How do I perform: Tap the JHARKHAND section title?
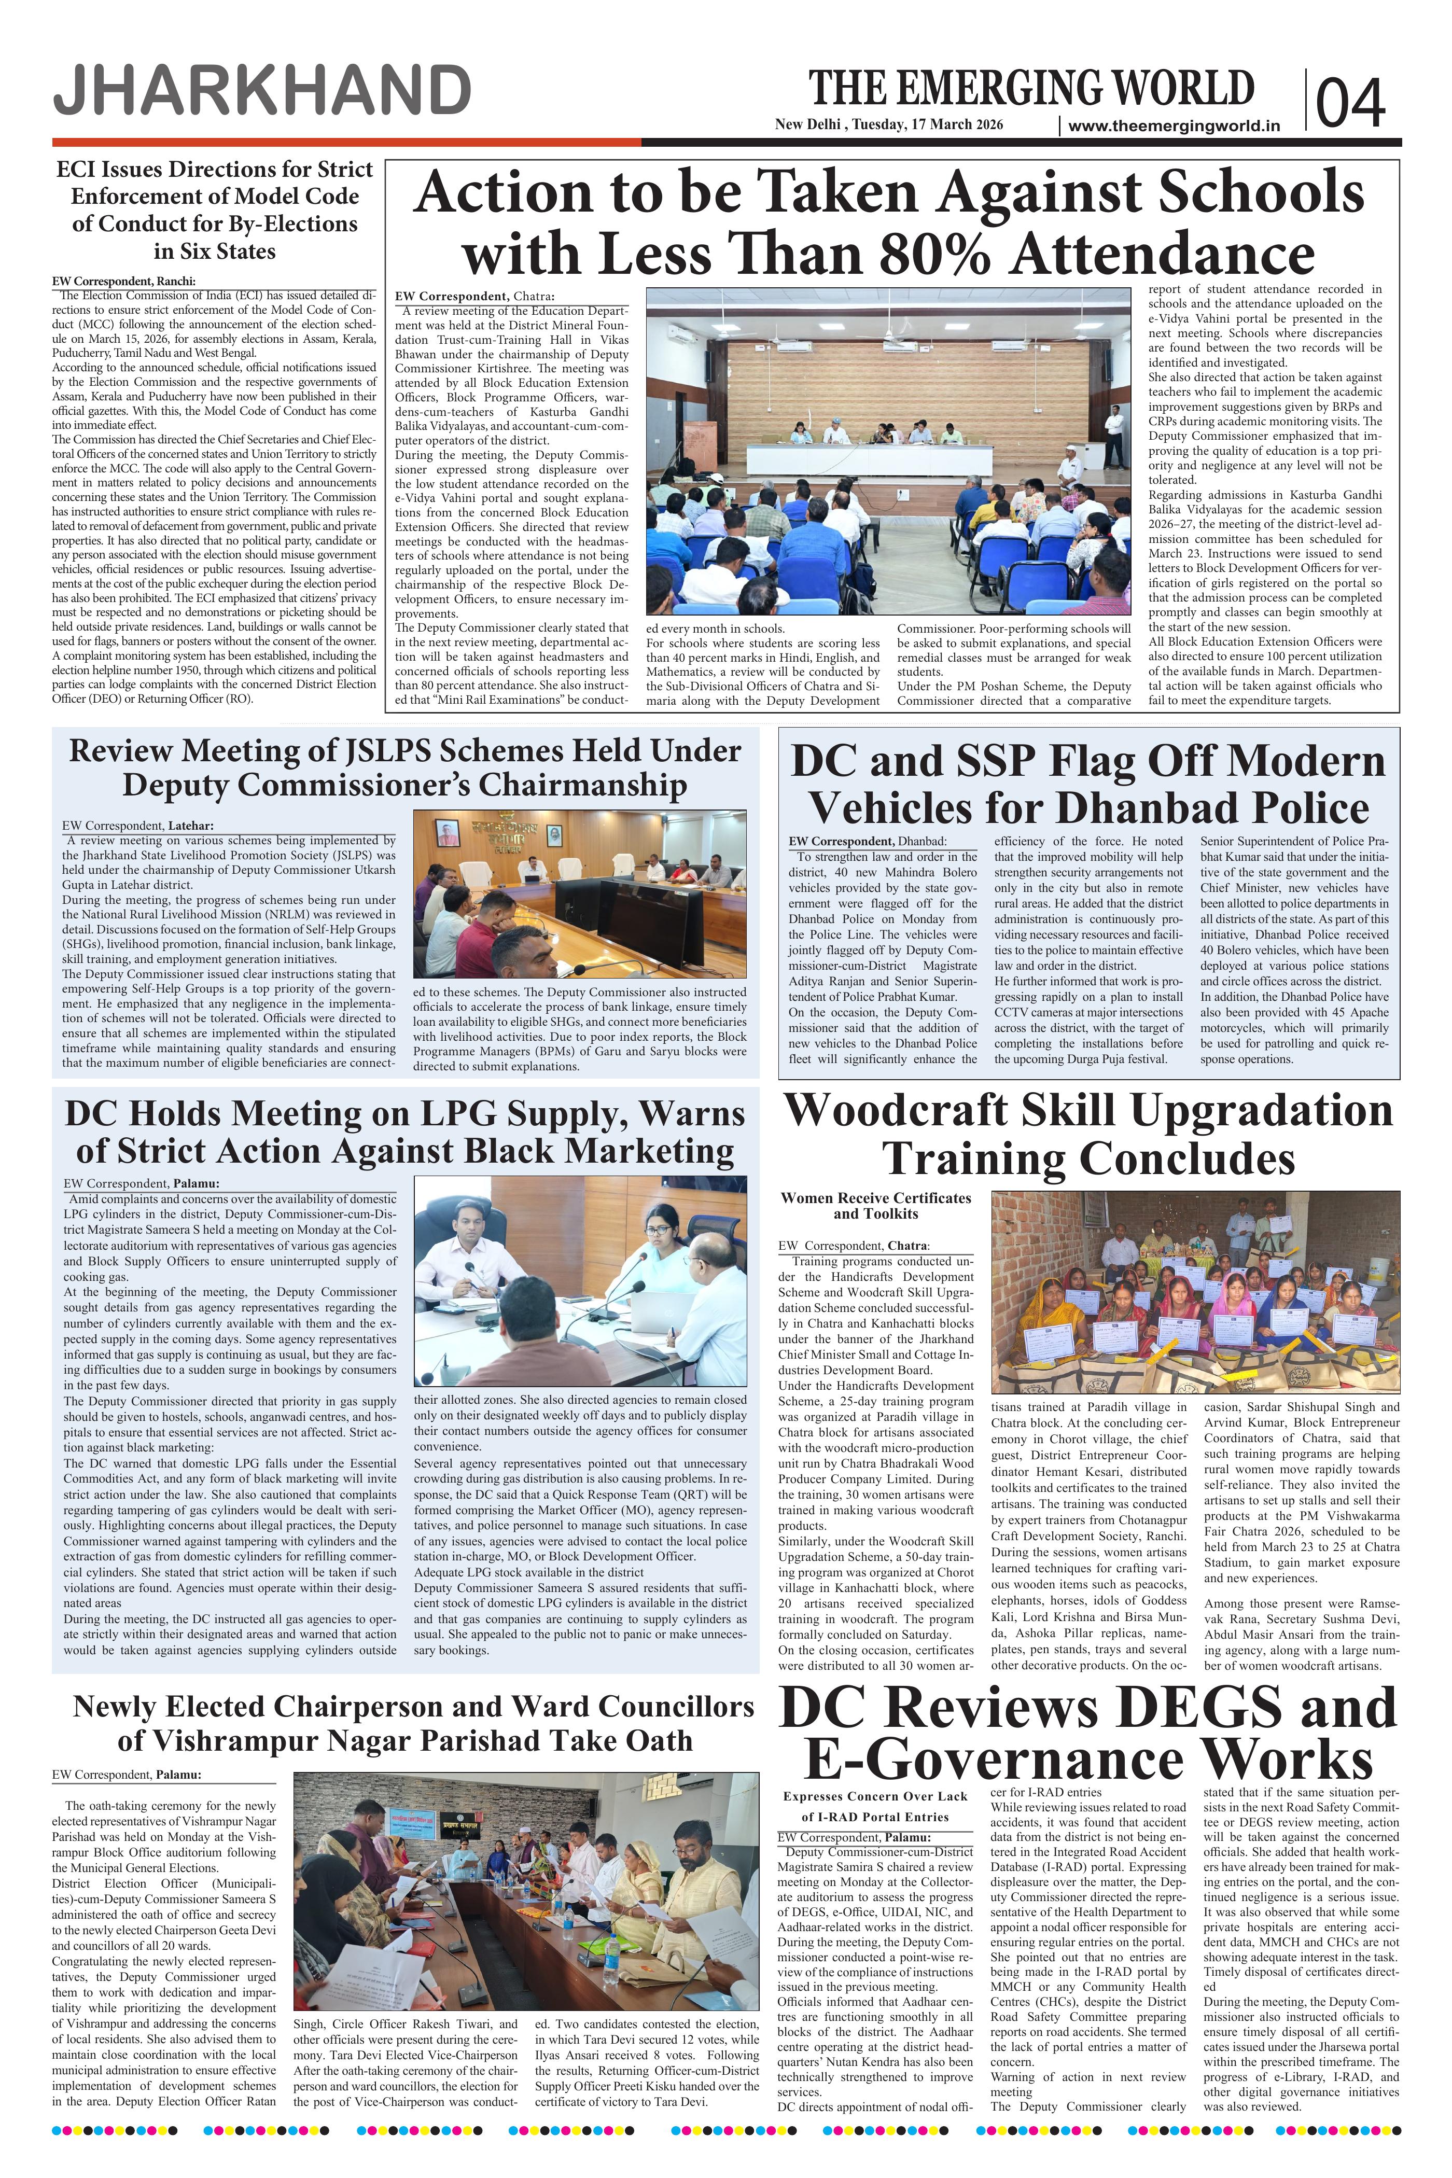pos(262,93)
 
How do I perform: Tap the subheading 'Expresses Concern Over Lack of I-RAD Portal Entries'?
pos(875,1807)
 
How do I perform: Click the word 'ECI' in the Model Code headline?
pos(78,170)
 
